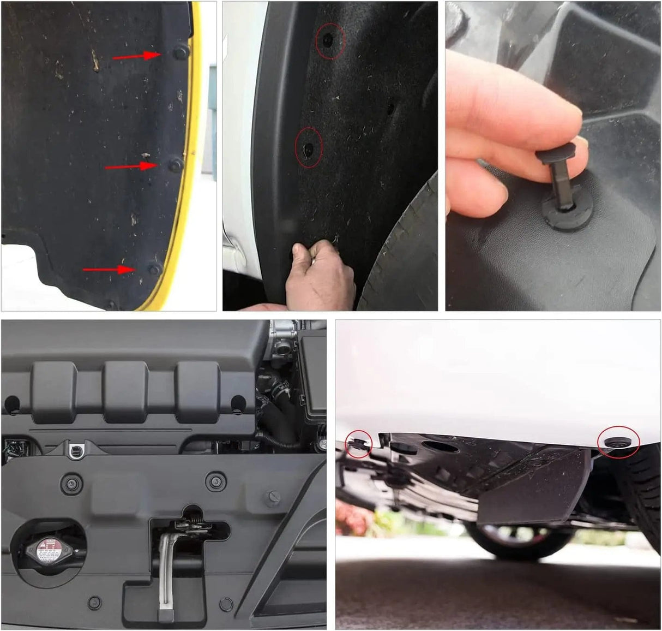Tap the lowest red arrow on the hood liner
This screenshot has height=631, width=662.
point(109,269)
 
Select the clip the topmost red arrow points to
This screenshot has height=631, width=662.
point(180,52)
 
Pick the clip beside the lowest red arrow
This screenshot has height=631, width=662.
point(155,269)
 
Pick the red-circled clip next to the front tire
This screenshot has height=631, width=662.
point(618,441)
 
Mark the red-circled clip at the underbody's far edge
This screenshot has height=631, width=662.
point(358,443)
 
